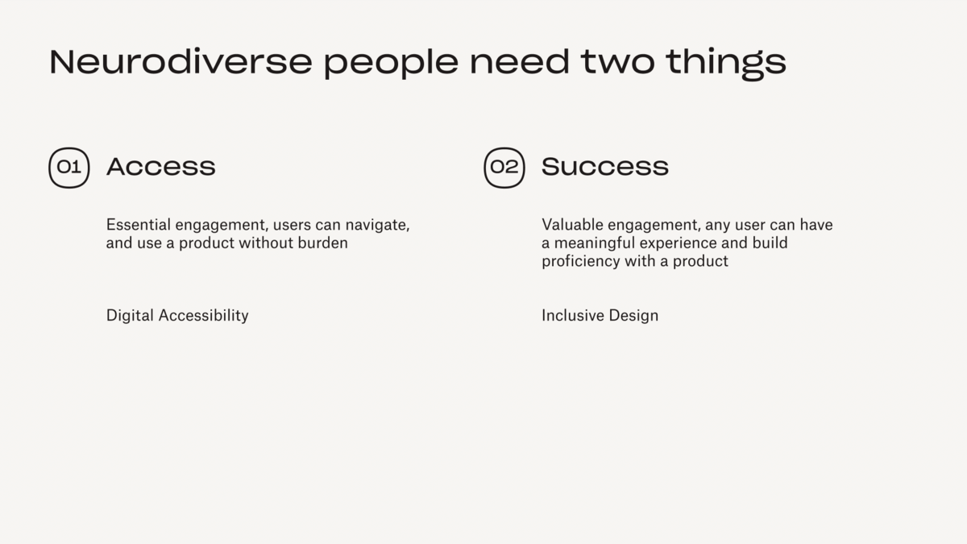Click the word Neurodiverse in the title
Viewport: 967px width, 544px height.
181,62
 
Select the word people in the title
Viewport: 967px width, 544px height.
391,64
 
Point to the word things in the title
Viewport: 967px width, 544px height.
726,64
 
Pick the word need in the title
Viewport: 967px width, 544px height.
519,62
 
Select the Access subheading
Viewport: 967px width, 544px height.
160,167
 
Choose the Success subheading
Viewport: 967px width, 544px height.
605,167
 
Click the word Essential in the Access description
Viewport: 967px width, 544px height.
139,225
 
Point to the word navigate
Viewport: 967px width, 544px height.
377,226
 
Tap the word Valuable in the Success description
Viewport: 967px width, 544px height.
572,225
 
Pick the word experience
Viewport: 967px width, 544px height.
679,244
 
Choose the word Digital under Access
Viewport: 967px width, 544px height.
130,317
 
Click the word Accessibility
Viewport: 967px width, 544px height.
203,317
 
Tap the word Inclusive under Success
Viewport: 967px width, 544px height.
573,315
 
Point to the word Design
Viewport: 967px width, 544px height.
633,317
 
